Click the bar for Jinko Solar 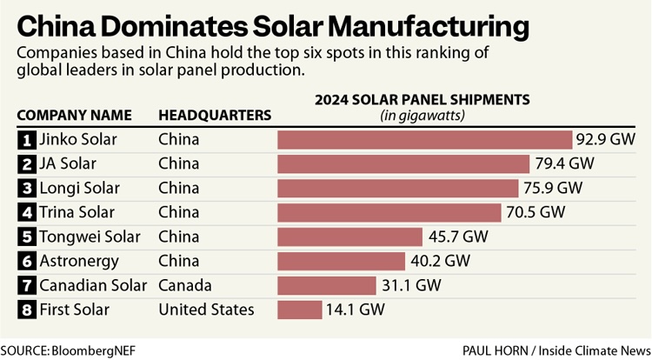pyautogui.click(x=424, y=139)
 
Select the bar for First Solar pyautogui.click(x=299, y=310)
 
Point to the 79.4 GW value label pyautogui.click(x=564, y=163)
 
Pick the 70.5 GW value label pyautogui.click(x=536, y=212)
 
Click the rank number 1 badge pyautogui.click(x=26, y=139)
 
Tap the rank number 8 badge pyautogui.click(x=26, y=310)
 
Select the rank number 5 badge pyautogui.click(x=26, y=237)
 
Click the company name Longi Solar pyautogui.click(x=80, y=188)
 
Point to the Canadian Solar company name pyautogui.click(x=95, y=285)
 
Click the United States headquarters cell pyautogui.click(x=206, y=310)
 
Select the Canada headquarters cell pyautogui.click(x=184, y=285)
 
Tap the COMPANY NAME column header pyautogui.click(x=75, y=115)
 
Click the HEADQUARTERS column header pyautogui.click(x=215, y=115)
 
